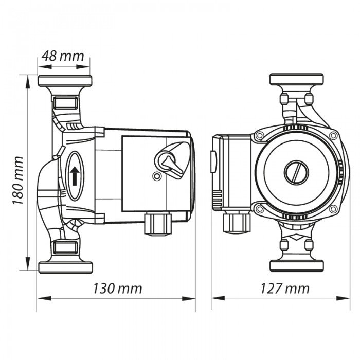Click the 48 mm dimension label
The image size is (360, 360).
pos(64,56)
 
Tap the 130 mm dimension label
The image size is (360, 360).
pos(117,288)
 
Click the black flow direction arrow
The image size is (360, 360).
pos(75,175)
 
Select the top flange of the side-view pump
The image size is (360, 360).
pos(65,81)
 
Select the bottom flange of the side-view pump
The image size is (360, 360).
pos(65,267)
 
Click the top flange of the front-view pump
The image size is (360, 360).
pos(297,80)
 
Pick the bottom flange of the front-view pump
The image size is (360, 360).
pos(297,267)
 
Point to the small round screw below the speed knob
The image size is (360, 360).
pos(156,176)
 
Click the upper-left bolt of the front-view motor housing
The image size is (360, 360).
pos(260,136)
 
